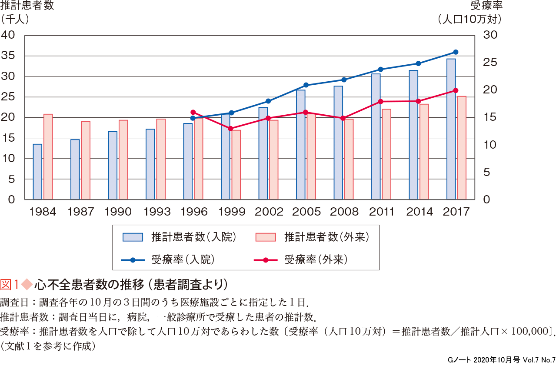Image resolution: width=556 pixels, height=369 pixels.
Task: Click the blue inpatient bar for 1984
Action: click(x=37, y=172)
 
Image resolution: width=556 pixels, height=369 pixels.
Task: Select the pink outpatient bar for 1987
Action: click(x=86, y=160)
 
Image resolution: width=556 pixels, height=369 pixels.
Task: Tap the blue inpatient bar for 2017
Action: click(x=451, y=130)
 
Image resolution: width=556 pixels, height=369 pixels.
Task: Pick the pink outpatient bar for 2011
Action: click(x=386, y=154)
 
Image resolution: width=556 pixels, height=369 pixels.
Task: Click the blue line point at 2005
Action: click(x=306, y=85)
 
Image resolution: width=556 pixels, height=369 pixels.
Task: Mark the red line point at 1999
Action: click(x=230, y=129)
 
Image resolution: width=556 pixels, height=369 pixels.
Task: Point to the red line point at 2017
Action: click(x=456, y=90)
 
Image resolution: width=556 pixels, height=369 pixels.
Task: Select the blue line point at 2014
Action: click(x=418, y=63)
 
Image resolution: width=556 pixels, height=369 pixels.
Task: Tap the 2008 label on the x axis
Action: click(x=344, y=212)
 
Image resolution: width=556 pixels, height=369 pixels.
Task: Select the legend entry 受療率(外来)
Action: click(x=316, y=260)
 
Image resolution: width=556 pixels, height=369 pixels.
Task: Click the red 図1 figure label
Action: click(x=10, y=285)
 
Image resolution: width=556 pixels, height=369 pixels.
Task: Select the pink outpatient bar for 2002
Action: click(x=273, y=160)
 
